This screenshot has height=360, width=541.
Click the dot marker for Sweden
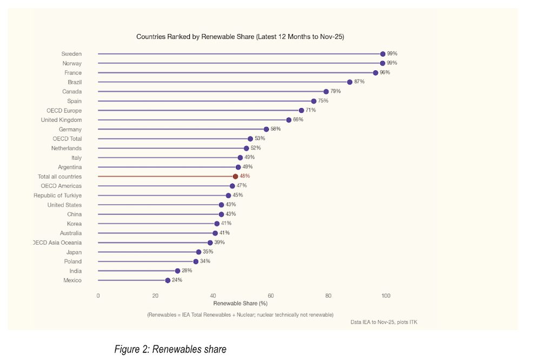[x=382, y=54]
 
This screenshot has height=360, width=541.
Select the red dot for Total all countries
[x=235, y=176]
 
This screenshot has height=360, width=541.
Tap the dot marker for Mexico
[x=168, y=280]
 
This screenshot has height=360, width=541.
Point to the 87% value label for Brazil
[x=359, y=82]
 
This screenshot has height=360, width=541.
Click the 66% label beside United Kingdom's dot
[x=298, y=120]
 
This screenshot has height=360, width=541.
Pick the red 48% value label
[x=245, y=176]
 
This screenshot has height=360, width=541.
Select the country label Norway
[x=72, y=63]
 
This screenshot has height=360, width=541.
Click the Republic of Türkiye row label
[x=57, y=195]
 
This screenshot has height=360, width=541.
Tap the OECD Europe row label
[x=64, y=110]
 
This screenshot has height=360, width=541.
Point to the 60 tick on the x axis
[x=270, y=296]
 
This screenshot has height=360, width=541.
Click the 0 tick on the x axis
[x=98, y=296]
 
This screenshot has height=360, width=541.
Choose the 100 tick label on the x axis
[x=386, y=296]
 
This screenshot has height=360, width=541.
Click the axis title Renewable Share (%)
[x=240, y=304]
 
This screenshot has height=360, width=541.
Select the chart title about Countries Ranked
[x=240, y=37]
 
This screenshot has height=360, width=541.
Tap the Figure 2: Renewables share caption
[x=170, y=349]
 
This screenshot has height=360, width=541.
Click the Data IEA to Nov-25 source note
[x=384, y=322]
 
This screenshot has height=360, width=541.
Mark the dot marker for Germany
[x=266, y=129]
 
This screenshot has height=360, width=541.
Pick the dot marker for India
[x=177, y=271]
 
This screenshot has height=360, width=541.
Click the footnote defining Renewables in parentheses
[x=240, y=315]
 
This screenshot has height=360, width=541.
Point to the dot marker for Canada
[x=326, y=91]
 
